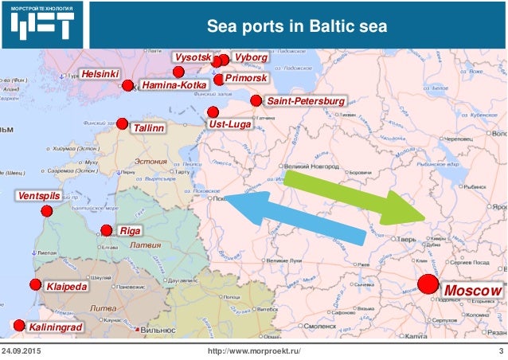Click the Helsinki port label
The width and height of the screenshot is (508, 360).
(100, 74)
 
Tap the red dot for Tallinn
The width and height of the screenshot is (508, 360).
(122, 123)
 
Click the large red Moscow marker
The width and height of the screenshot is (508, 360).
(428, 284)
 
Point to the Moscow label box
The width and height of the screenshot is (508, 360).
(473, 291)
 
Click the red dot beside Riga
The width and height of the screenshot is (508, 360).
(107, 231)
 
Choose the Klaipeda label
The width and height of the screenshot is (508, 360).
(67, 285)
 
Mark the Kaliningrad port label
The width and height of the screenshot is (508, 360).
(55, 327)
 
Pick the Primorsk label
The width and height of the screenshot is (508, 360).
(246, 80)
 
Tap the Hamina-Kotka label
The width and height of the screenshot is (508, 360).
(173, 84)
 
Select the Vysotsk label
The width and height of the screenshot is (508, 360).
(193, 58)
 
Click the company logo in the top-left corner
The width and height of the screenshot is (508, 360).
(44, 25)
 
